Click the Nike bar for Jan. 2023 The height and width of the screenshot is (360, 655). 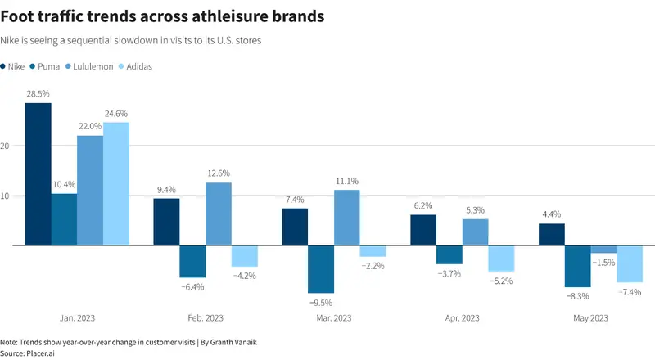coord(38,173)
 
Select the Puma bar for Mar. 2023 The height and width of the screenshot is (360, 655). coord(321,269)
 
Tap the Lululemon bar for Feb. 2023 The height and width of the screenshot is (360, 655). coord(219,214)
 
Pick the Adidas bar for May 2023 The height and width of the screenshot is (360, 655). coord(629,263)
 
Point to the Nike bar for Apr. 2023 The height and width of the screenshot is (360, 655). coord(423,230)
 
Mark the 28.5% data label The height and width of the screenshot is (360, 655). coord(38,94)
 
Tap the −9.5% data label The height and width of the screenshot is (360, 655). coord(321,302)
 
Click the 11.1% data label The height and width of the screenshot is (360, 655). coord(346,181)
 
